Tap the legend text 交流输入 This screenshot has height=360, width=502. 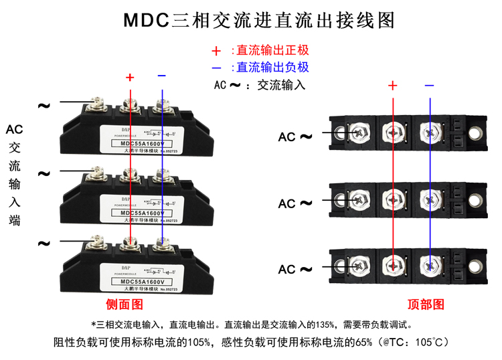281,85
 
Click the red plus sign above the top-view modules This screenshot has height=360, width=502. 393,86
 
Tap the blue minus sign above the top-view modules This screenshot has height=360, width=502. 429,85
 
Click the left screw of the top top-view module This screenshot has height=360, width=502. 356,131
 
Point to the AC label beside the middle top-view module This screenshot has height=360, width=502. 287,204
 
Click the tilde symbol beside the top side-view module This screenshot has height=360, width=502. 44,106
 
